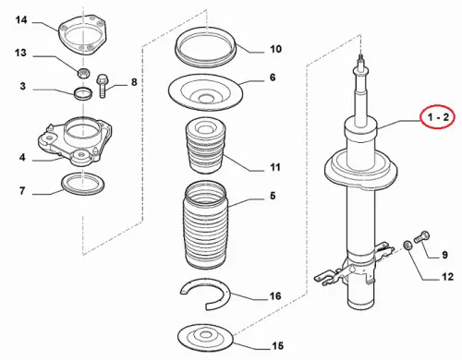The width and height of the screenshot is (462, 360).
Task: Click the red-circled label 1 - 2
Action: (437, 117)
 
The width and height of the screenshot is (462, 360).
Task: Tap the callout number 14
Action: (21, 20)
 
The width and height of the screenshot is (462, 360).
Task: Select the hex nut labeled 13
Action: (83, 73)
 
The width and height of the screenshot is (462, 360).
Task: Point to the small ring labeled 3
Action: (83, 93)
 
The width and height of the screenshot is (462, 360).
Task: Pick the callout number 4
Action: (22, 158)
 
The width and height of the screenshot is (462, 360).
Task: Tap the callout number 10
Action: (275, 49)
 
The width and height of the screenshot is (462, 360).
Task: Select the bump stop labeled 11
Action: (206, 145)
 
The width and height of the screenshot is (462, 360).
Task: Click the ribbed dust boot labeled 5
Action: (206, 224)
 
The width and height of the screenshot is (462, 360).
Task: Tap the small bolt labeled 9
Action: (422, 237)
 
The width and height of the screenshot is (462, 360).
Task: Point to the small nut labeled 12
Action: (407, 246)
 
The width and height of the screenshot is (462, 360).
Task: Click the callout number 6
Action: (273, 78)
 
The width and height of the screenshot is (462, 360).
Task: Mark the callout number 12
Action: (447, 277)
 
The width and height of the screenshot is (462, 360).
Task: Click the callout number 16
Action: (275, 295)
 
